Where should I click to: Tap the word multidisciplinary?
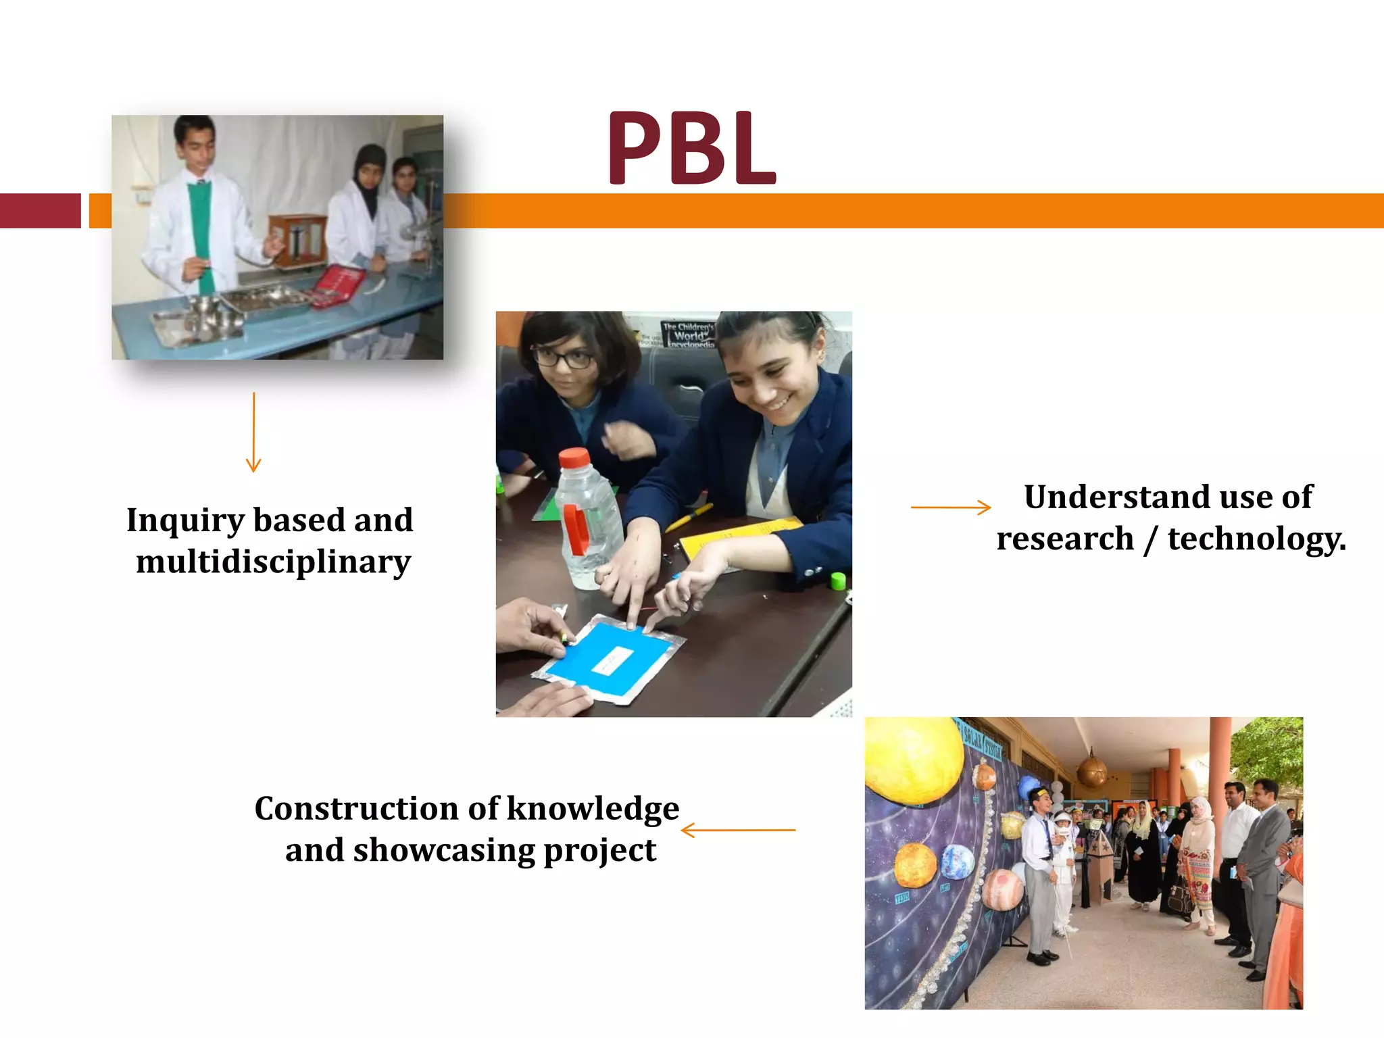coord(273,562)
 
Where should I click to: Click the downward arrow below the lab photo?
coord(253,432)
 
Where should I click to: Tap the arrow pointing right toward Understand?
coord(951,507)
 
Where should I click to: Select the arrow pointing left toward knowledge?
coord(738,830)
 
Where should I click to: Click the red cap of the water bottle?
coord(574,458)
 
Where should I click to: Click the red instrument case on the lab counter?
coord(339,285)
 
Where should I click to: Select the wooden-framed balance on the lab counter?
coord(297,240)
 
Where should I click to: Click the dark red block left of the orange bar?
coord(40,211)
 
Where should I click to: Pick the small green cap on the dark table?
coord(838,580)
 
